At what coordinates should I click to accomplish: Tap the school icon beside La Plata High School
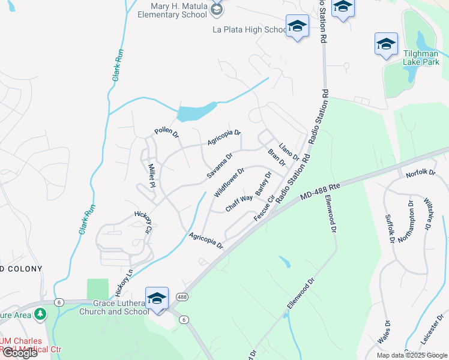click(x=297, y=26)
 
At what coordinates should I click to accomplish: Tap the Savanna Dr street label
click(x=220, y=166)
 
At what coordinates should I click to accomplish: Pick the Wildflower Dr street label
click(x=229, y=182)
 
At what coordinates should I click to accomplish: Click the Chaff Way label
click(x=239, y=202)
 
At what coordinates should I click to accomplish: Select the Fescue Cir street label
click(x=264, y=207)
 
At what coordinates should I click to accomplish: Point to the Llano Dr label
click(x=288, y=148)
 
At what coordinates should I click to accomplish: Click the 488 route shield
click(x=181, y=297)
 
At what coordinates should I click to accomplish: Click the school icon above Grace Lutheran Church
click(x=157, y=298)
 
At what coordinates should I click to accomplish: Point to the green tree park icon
click(x=40, y=313)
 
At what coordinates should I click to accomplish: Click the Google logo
click(x=20, y=353)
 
